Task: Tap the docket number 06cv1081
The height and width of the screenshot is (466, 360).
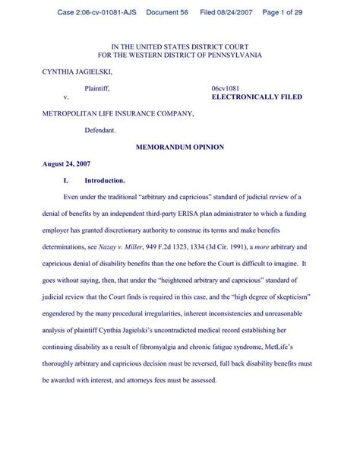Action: pyautogui.click(x=226, y=90)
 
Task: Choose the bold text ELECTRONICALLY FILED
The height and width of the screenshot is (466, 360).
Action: pyautogui.click(x=256, y=99)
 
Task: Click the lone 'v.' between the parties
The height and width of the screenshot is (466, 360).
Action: pyautogui.click(x=66, y=99)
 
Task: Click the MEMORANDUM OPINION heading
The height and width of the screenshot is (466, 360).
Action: pyautogui.click(x=179, y=147)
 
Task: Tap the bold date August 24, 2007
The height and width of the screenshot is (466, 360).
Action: pyautogui.click(x=66, y=164)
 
